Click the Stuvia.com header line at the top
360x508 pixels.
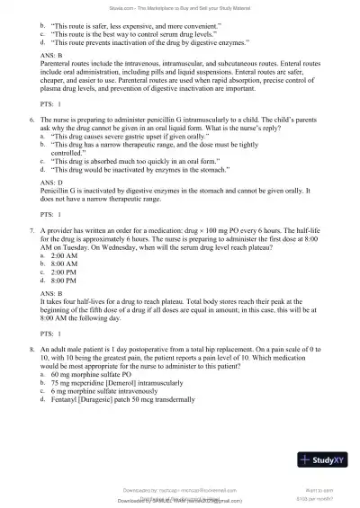pyautogui.click(x=180, y=6)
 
